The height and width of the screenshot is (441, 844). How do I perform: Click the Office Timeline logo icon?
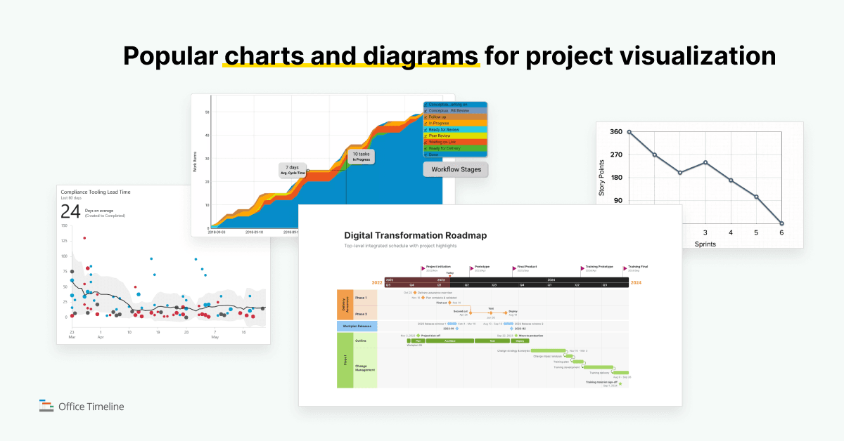click(x=46, y=406)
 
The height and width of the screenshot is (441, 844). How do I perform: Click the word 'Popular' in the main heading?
click(x=170, y=56)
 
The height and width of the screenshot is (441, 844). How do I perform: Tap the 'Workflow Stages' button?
click(x=456, y=169)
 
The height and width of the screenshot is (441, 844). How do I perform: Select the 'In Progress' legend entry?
click(x=440, y=124)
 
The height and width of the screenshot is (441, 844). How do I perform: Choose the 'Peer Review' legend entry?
click(x=441, y=136)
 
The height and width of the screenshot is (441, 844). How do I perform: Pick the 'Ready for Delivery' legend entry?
click(x=445, y=148)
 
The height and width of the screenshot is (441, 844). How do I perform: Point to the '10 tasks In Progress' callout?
click(x=361, y=157)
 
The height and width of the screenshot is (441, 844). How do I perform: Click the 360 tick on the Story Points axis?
click(x=615, y=132)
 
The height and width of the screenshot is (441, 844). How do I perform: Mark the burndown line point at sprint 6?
click(x=781, y=224)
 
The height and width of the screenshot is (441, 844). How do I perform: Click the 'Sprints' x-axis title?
click(x=705, y=244)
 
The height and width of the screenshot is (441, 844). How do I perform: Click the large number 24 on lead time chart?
click(x=70, y=212)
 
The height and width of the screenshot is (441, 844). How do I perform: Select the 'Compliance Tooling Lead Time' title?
click(x=95, y=192)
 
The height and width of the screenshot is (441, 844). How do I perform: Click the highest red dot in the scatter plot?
click(x=84, y=238)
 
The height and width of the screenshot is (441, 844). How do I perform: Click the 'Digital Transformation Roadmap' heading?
click(x=415, y=235)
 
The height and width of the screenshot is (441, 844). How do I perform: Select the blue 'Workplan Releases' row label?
click(x=357, y=326)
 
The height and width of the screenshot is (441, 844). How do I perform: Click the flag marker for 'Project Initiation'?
click(x=423, y=268)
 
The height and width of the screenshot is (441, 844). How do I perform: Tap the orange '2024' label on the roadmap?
click(x=635, y=283)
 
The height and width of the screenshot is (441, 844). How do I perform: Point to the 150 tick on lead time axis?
click(x=64, y=226)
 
